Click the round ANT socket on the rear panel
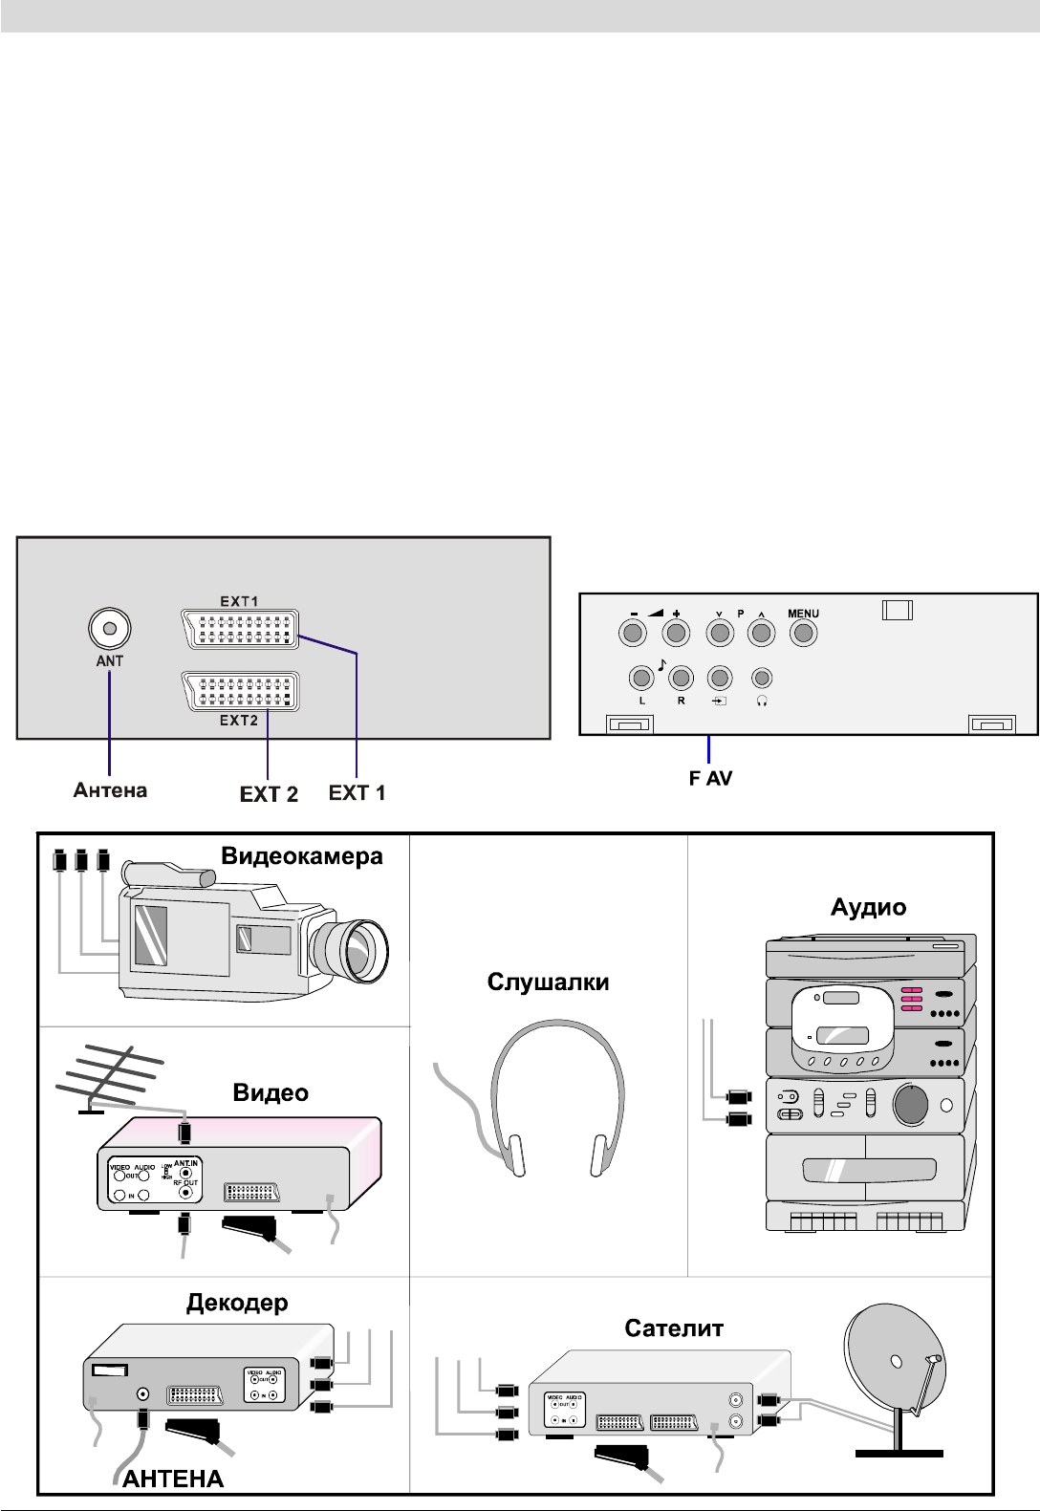point(109,629)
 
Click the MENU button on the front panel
point(803,633)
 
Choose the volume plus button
point(676,633)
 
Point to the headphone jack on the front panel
point(761,679)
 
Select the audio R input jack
point(681,679)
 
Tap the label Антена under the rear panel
point(111,790)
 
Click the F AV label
point(712,780)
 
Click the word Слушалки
point(549,982)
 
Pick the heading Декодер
point(235,1302)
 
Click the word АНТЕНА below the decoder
point(173,1479)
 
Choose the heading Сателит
point(674,1328)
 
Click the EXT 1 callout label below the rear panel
point(357,792)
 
